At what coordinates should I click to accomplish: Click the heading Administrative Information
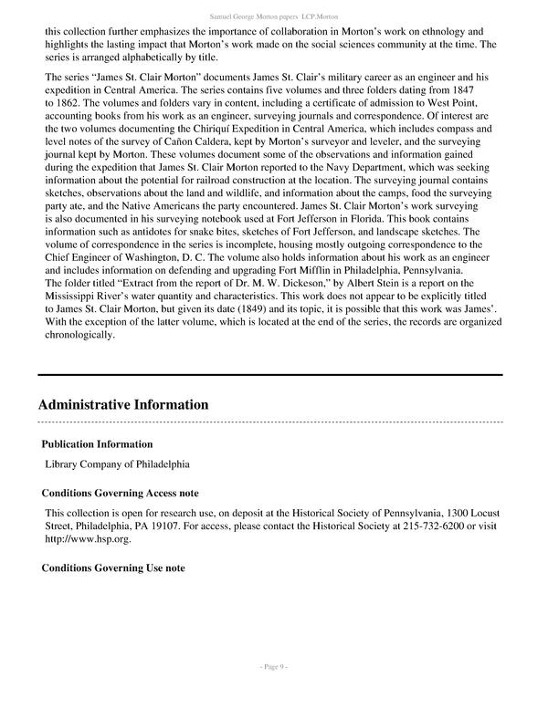123,404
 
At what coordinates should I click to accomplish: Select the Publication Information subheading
97,444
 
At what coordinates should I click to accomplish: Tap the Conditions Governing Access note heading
121,493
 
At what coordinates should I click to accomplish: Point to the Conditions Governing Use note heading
113,567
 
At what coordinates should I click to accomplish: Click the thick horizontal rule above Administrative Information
270,375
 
